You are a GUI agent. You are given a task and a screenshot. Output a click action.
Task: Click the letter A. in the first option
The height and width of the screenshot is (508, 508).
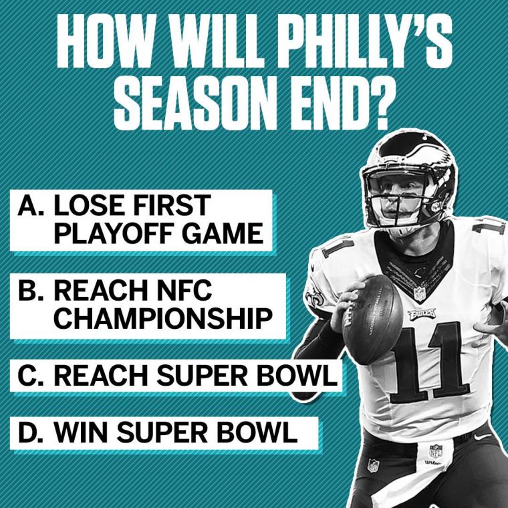click(31, 205)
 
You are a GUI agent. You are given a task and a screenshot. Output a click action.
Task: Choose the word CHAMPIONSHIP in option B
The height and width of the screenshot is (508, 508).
click(163, 318)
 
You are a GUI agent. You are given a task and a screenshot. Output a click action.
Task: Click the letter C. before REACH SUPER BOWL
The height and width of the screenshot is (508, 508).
click(31, 376)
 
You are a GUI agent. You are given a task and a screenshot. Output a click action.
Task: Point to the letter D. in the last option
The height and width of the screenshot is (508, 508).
click(31, 432)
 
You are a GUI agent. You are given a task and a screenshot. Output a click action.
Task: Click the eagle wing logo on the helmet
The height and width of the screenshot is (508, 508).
click(418, 152)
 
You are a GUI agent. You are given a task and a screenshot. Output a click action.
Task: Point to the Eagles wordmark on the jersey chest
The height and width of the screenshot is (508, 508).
click(422, 313)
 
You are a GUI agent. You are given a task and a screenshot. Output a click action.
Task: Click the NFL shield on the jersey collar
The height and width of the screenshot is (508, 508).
click(419, 294)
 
